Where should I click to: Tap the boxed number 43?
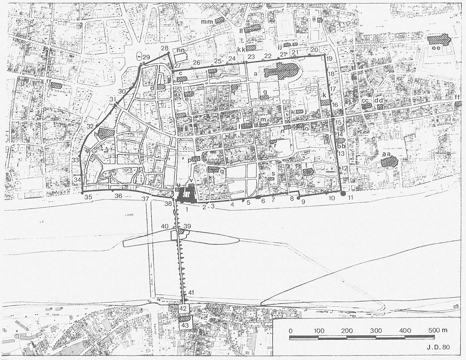click(x=185, y=325)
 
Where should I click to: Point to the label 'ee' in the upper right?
click(x=436, y=48)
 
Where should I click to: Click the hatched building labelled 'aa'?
click(x=389, y=161)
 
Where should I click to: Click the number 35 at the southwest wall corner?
click(x=89, y=197)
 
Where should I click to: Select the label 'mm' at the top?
click(x=207, y=22)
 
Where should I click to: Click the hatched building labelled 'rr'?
click(x=56, y=85)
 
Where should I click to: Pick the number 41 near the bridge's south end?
click(x=190, y=292)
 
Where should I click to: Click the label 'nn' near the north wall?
click(x=180, y=51)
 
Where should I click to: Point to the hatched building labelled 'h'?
click(x=106, y=133)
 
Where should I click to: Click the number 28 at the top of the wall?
click(x=164, y=48)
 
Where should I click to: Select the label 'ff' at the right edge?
click(x=458, y=97)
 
